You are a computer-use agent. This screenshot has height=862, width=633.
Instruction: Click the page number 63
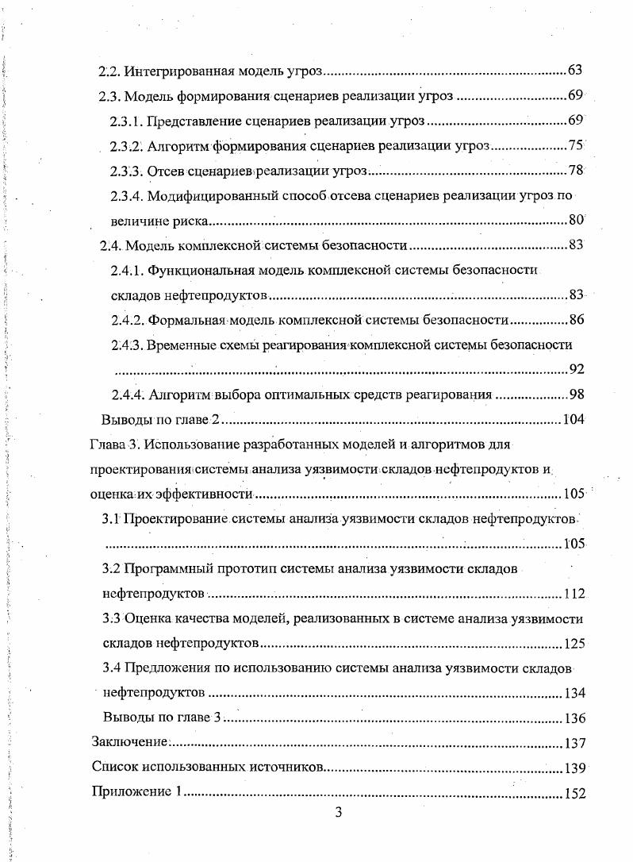(576, 71)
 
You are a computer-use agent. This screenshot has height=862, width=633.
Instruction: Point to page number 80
(576, 221)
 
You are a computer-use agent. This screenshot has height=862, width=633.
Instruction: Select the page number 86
(577, 320)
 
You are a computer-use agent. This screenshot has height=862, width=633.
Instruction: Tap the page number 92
(577, 369)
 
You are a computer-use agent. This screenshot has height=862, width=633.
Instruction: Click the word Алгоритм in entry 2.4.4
(176, 394)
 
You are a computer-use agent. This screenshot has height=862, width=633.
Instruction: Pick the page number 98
(577, 394)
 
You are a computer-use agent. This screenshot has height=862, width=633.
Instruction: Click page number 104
(573, 420)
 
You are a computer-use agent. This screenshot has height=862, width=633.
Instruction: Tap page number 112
(574, 594)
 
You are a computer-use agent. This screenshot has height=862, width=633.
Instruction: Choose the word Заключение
(130, 743)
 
